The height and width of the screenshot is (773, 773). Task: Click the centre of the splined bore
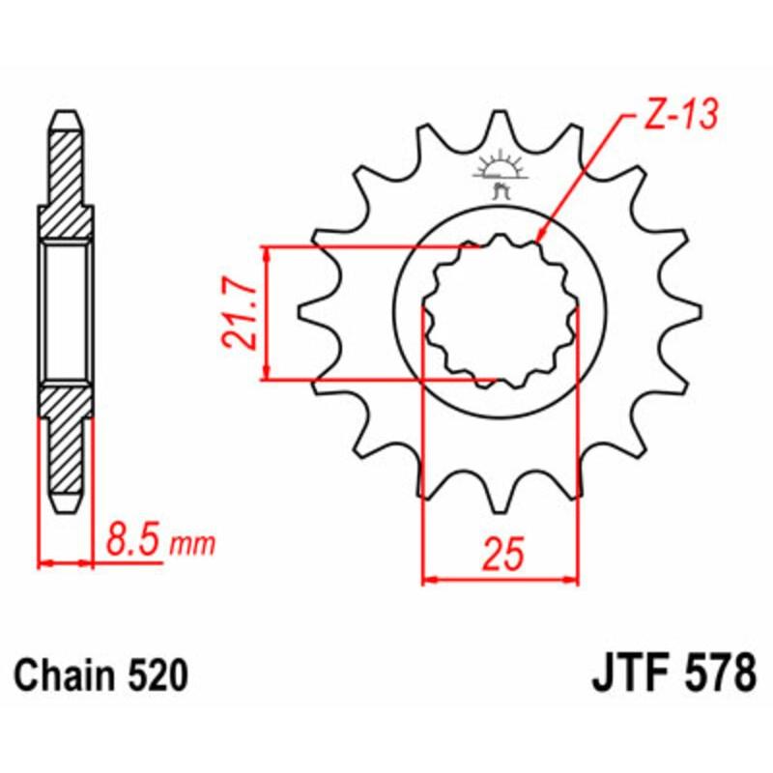pos(500,311)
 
